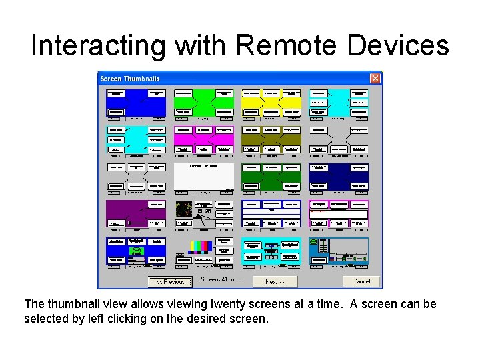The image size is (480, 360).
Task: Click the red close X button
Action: pyautogui.click(x=375, y=79)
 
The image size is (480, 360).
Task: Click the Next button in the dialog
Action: pyautogui.click(x=275, y=281)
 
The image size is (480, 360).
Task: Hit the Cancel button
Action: pyautogui.click(x=361, y=281)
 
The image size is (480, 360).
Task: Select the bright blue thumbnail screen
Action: pyautogui.click(x=137, y=103)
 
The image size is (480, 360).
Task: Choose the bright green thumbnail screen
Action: pyautogui.click(x=204, y=103)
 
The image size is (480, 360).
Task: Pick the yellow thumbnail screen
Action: pyautogui.click(x=271, y=103)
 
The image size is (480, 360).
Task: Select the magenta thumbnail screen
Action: pyautogui.click(x=204, y=140)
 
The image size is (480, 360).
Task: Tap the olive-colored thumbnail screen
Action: pyautogui.click(x=271, y=140)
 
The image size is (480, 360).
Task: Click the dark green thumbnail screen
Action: pyautogui.click(x=271, y=177)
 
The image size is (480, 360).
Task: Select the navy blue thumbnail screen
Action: pyautogui.click(x=339, y=177)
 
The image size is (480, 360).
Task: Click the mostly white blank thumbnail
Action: pyautogui.click(x=204, y=177)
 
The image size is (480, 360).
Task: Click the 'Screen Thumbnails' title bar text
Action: pyautogui.click(x=130, y=79)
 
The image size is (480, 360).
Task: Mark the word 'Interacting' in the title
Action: pyautogui.click(x=97, y=45)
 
